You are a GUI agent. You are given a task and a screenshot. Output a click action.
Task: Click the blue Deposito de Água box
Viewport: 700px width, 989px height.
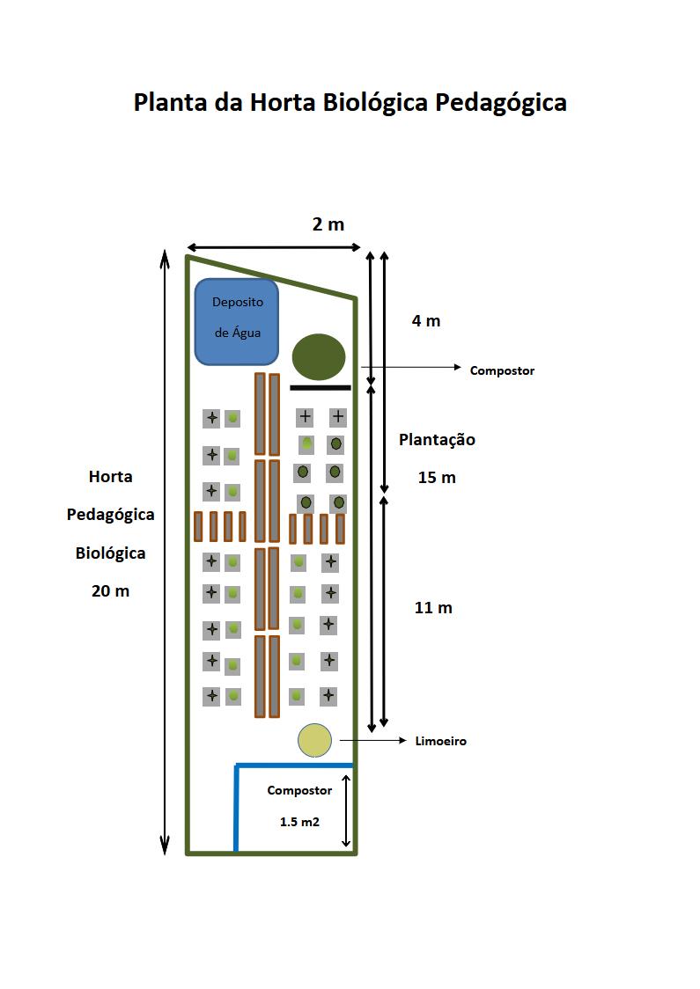237,321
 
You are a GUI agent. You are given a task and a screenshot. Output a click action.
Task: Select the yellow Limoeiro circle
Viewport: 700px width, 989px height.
314,740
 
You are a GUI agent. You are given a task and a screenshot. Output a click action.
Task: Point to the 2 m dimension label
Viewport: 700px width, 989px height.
328,224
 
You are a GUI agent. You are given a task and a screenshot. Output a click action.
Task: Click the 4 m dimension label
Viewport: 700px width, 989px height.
426,321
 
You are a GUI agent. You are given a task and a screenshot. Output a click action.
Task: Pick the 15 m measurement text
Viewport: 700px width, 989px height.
437,478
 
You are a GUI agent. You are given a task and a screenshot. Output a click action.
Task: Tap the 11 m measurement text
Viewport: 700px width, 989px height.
433,608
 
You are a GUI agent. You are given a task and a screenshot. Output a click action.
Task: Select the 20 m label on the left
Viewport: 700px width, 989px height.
110,591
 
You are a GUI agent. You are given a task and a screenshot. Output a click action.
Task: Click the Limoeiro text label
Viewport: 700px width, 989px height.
440,742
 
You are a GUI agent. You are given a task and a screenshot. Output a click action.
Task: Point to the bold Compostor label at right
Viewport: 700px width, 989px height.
502,370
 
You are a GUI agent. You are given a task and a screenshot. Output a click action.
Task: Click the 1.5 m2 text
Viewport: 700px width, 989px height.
299,822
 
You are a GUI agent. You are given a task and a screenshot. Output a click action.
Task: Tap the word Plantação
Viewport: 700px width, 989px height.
437,439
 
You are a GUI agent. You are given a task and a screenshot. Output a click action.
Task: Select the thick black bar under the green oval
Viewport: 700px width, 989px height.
321,387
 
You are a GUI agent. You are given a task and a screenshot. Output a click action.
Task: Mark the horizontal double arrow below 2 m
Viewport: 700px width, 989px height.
274,247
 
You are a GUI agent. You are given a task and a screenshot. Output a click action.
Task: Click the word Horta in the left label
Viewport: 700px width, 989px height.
111,477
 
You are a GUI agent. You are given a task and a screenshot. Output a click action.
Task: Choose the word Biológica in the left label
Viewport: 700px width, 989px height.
110,553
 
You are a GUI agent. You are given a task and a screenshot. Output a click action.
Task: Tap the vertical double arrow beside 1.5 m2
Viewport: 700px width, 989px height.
347,810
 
